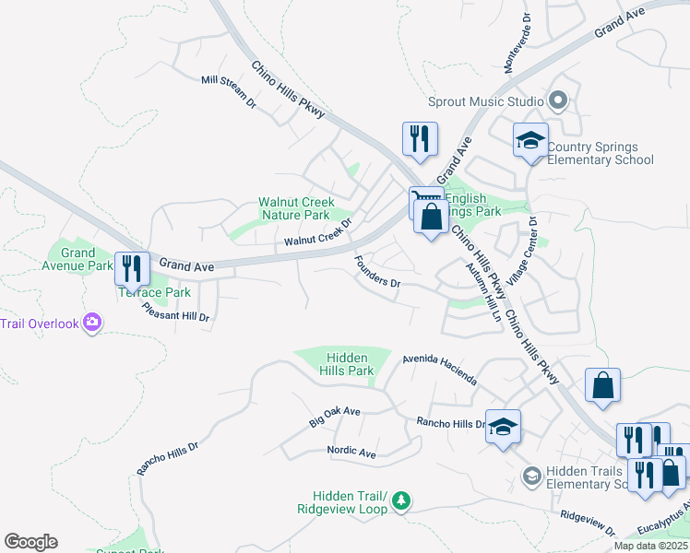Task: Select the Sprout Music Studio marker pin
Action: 557,100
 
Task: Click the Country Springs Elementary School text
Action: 600,153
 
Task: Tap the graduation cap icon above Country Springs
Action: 530,140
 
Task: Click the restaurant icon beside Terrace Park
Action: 132,268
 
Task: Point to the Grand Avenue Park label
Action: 78,260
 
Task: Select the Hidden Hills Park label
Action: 347,364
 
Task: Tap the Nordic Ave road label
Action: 351,453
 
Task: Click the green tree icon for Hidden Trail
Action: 400,501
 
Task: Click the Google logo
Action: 31,542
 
